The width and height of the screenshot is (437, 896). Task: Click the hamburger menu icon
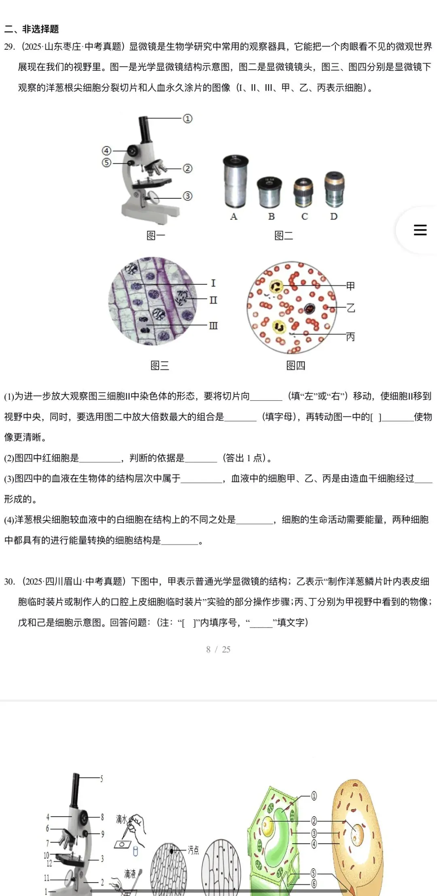(x=420, y=230)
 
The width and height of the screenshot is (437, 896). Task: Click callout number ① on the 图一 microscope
(x=187, y=119)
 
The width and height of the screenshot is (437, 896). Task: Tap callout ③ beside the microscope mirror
(x=187, y=196)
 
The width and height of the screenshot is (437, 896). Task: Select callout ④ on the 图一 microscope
(x=106, y=151)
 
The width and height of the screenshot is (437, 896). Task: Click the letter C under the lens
(x=305, y=217)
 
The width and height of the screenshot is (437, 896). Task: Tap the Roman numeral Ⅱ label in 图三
(x=213, y=300)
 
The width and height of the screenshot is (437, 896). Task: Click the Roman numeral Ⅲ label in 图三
(x=213, y=326)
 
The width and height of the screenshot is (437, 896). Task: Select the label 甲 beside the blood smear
(x=350, y=286)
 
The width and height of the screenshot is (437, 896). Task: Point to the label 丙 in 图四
(x=350, y=337)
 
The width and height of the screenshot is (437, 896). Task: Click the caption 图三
(x=160, y=366)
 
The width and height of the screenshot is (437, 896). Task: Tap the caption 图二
(x=284, y=236)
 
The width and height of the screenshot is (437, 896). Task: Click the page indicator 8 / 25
(x=218, y=650)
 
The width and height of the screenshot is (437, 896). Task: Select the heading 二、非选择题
(x=32, y=29)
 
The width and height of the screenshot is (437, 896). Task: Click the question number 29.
(x=9, y=47)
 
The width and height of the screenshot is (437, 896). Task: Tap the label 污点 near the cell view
(x=193, y=850)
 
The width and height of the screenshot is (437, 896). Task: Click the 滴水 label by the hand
(x=121, y=820)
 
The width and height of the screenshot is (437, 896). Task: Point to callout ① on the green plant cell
(x=314, y=796)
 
